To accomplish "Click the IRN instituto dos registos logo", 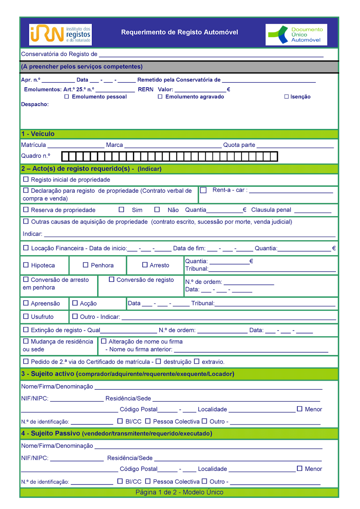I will (x=60, y=35).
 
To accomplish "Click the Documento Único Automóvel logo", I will (x=296, y=35).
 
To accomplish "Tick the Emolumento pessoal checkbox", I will (x=66, y=96).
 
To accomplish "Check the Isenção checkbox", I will (x=286, y=96).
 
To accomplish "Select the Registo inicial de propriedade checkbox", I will (x=26, y=179).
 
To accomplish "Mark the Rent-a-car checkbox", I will (x=203, y=190).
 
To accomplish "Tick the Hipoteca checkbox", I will (x=26, y=265).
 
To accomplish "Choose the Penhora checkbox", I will (x=86, y=265).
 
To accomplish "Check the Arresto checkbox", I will (x=145, y=265).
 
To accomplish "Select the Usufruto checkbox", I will (x=26, y=316).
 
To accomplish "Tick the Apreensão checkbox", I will (x=26, y=303).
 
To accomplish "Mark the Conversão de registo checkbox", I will (x=111, y=279).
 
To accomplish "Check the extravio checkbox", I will (x=197, y=361).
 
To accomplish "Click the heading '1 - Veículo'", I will (x=38, y=134).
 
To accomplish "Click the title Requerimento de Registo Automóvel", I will (x=180, y=33).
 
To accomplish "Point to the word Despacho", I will (x=35, y=104).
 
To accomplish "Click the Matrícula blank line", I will (x=76, y=146).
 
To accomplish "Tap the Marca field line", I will (x=173, y=146).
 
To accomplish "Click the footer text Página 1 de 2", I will (x=179, y=492).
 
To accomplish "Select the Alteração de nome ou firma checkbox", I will (x=104, y=341).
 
